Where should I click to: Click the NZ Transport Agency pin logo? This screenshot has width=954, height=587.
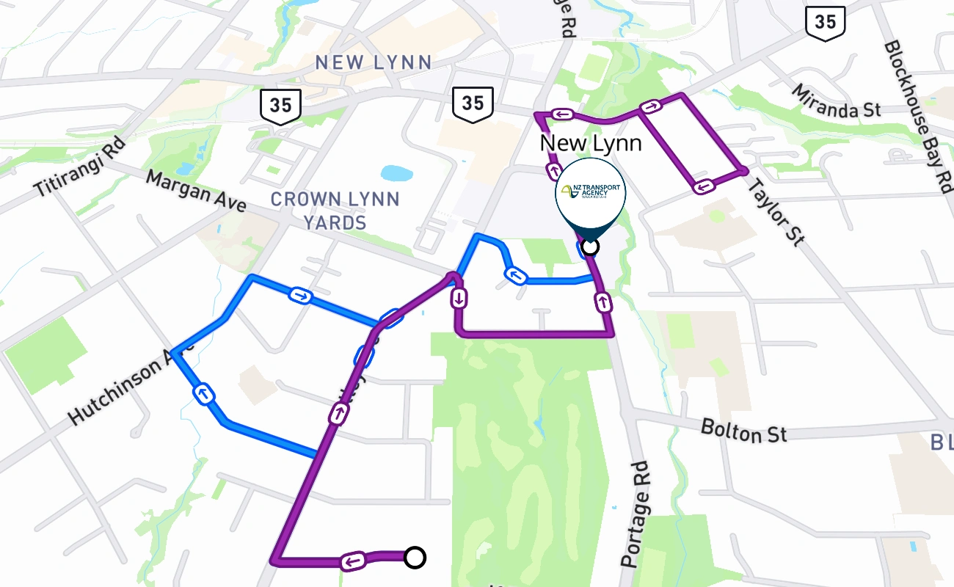pyautogui.click(x=591, y=192)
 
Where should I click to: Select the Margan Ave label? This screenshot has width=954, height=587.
pyautogui.click(x=195, y=191)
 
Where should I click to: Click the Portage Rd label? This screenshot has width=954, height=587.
pyautogui.click(x=636, y=514)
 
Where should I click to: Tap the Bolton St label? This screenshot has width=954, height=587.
pyautogui.click(x=743, y=431)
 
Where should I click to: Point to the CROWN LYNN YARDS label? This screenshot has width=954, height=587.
pyautogui.click(x=335, y=210)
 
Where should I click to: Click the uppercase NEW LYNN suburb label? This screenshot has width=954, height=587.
pyautogui.click(x=374, y=62)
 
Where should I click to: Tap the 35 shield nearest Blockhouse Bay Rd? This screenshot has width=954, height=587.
pyautogui.click(x=825, y=22)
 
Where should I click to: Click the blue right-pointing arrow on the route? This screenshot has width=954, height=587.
pyautogui.click(x=301, y=296)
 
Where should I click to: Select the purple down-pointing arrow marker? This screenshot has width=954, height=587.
pyautogui.click(x=459, y=299)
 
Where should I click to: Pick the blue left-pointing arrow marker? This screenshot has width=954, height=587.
pyautogui.click(x=516, y=276)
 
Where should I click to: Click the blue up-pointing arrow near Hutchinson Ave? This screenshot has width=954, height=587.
pyautogui.click(x=204, y=394)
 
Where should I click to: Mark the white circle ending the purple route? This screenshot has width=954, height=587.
pyautogui.click(x=415, y=558)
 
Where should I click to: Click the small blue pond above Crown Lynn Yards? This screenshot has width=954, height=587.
pyautogui.click(x=397, y=174)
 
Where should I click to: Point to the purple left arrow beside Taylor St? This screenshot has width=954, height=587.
pyautogui.click(x=703, y=186)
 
